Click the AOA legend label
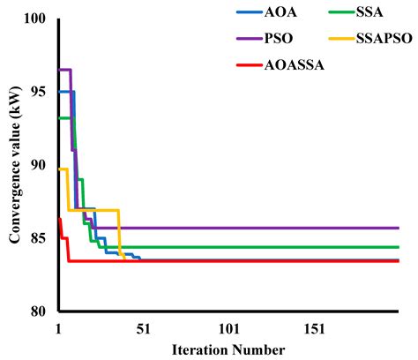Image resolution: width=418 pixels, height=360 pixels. click(280, 12)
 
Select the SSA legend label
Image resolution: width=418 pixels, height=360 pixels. click(369, 12)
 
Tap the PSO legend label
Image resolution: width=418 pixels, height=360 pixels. click(279, 39)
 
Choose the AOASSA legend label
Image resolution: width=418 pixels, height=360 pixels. click(295, 65)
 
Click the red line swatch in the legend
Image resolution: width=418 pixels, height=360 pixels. click(250, 65)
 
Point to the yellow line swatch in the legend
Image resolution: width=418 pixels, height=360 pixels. click(341, 39)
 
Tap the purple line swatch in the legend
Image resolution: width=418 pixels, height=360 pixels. click(250, 39)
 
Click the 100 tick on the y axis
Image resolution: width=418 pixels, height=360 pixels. click(35, 19)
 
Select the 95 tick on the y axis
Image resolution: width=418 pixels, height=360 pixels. click(39, 92)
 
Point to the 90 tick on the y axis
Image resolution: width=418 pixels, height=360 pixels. click(39, 165)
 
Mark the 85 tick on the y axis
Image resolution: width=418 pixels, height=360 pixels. click(39, 238)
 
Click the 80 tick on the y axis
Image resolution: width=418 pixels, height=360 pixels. click(39, 311)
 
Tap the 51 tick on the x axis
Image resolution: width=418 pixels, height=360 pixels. click(144, 329)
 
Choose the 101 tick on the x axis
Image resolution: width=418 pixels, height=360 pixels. click(229, 329)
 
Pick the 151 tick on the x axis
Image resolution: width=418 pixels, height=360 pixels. click(315, 329)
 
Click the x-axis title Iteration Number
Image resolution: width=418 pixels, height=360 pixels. click(228, 350)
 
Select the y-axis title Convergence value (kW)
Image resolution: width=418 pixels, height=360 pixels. click(15, 165)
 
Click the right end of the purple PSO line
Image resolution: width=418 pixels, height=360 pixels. click(399, 228)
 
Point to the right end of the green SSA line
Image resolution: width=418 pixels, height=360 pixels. click(399, 247)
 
